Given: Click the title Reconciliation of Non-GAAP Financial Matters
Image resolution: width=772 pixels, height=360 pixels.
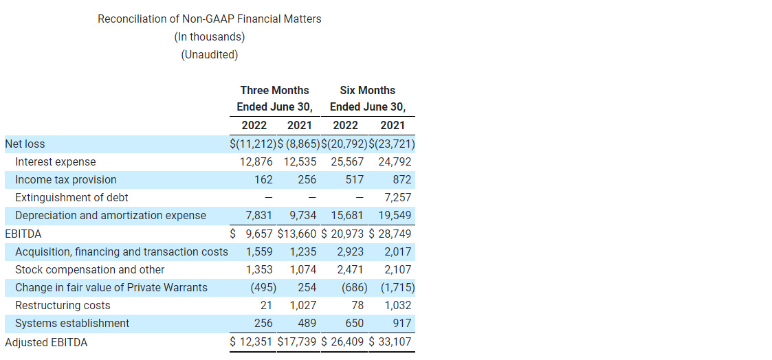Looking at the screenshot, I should tap(209, 19).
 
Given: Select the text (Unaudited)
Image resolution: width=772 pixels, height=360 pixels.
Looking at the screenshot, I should tap(209, 55).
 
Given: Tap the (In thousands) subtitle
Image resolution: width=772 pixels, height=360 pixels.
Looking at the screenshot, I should tap(209, 37).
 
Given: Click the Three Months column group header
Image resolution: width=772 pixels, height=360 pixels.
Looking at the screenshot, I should tap(274, 91).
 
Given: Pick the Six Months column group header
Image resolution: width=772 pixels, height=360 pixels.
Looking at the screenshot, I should tap(368, 91).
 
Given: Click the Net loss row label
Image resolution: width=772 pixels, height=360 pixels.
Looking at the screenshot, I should tap(25, 144).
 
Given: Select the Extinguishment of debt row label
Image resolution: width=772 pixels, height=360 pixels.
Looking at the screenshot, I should tap(71, 198).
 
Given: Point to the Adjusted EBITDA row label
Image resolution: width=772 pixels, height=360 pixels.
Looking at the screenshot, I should tap(46, 342).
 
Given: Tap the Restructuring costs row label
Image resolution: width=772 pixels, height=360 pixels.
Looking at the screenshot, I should tap(63, 306).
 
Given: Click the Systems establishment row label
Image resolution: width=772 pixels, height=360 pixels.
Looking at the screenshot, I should tap(72, 324).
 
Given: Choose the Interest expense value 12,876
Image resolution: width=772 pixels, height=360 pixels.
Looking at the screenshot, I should tap(256, 162).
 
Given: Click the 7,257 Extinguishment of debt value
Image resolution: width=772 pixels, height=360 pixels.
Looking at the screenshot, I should tap(398, 198).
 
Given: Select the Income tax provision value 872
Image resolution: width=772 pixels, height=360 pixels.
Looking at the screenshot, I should tap(402, 180).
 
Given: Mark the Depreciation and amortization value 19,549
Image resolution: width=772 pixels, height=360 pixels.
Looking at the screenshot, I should tap(395, 216).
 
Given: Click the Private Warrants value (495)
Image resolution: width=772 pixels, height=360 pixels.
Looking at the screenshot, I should tap(263, 288).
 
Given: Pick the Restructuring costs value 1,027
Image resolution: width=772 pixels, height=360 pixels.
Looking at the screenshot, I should tap(303, 306).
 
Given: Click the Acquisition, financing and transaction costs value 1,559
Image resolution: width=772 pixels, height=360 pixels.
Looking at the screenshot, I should tap(259, 252).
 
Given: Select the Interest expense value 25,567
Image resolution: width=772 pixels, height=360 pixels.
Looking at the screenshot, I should tap(347, 162).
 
